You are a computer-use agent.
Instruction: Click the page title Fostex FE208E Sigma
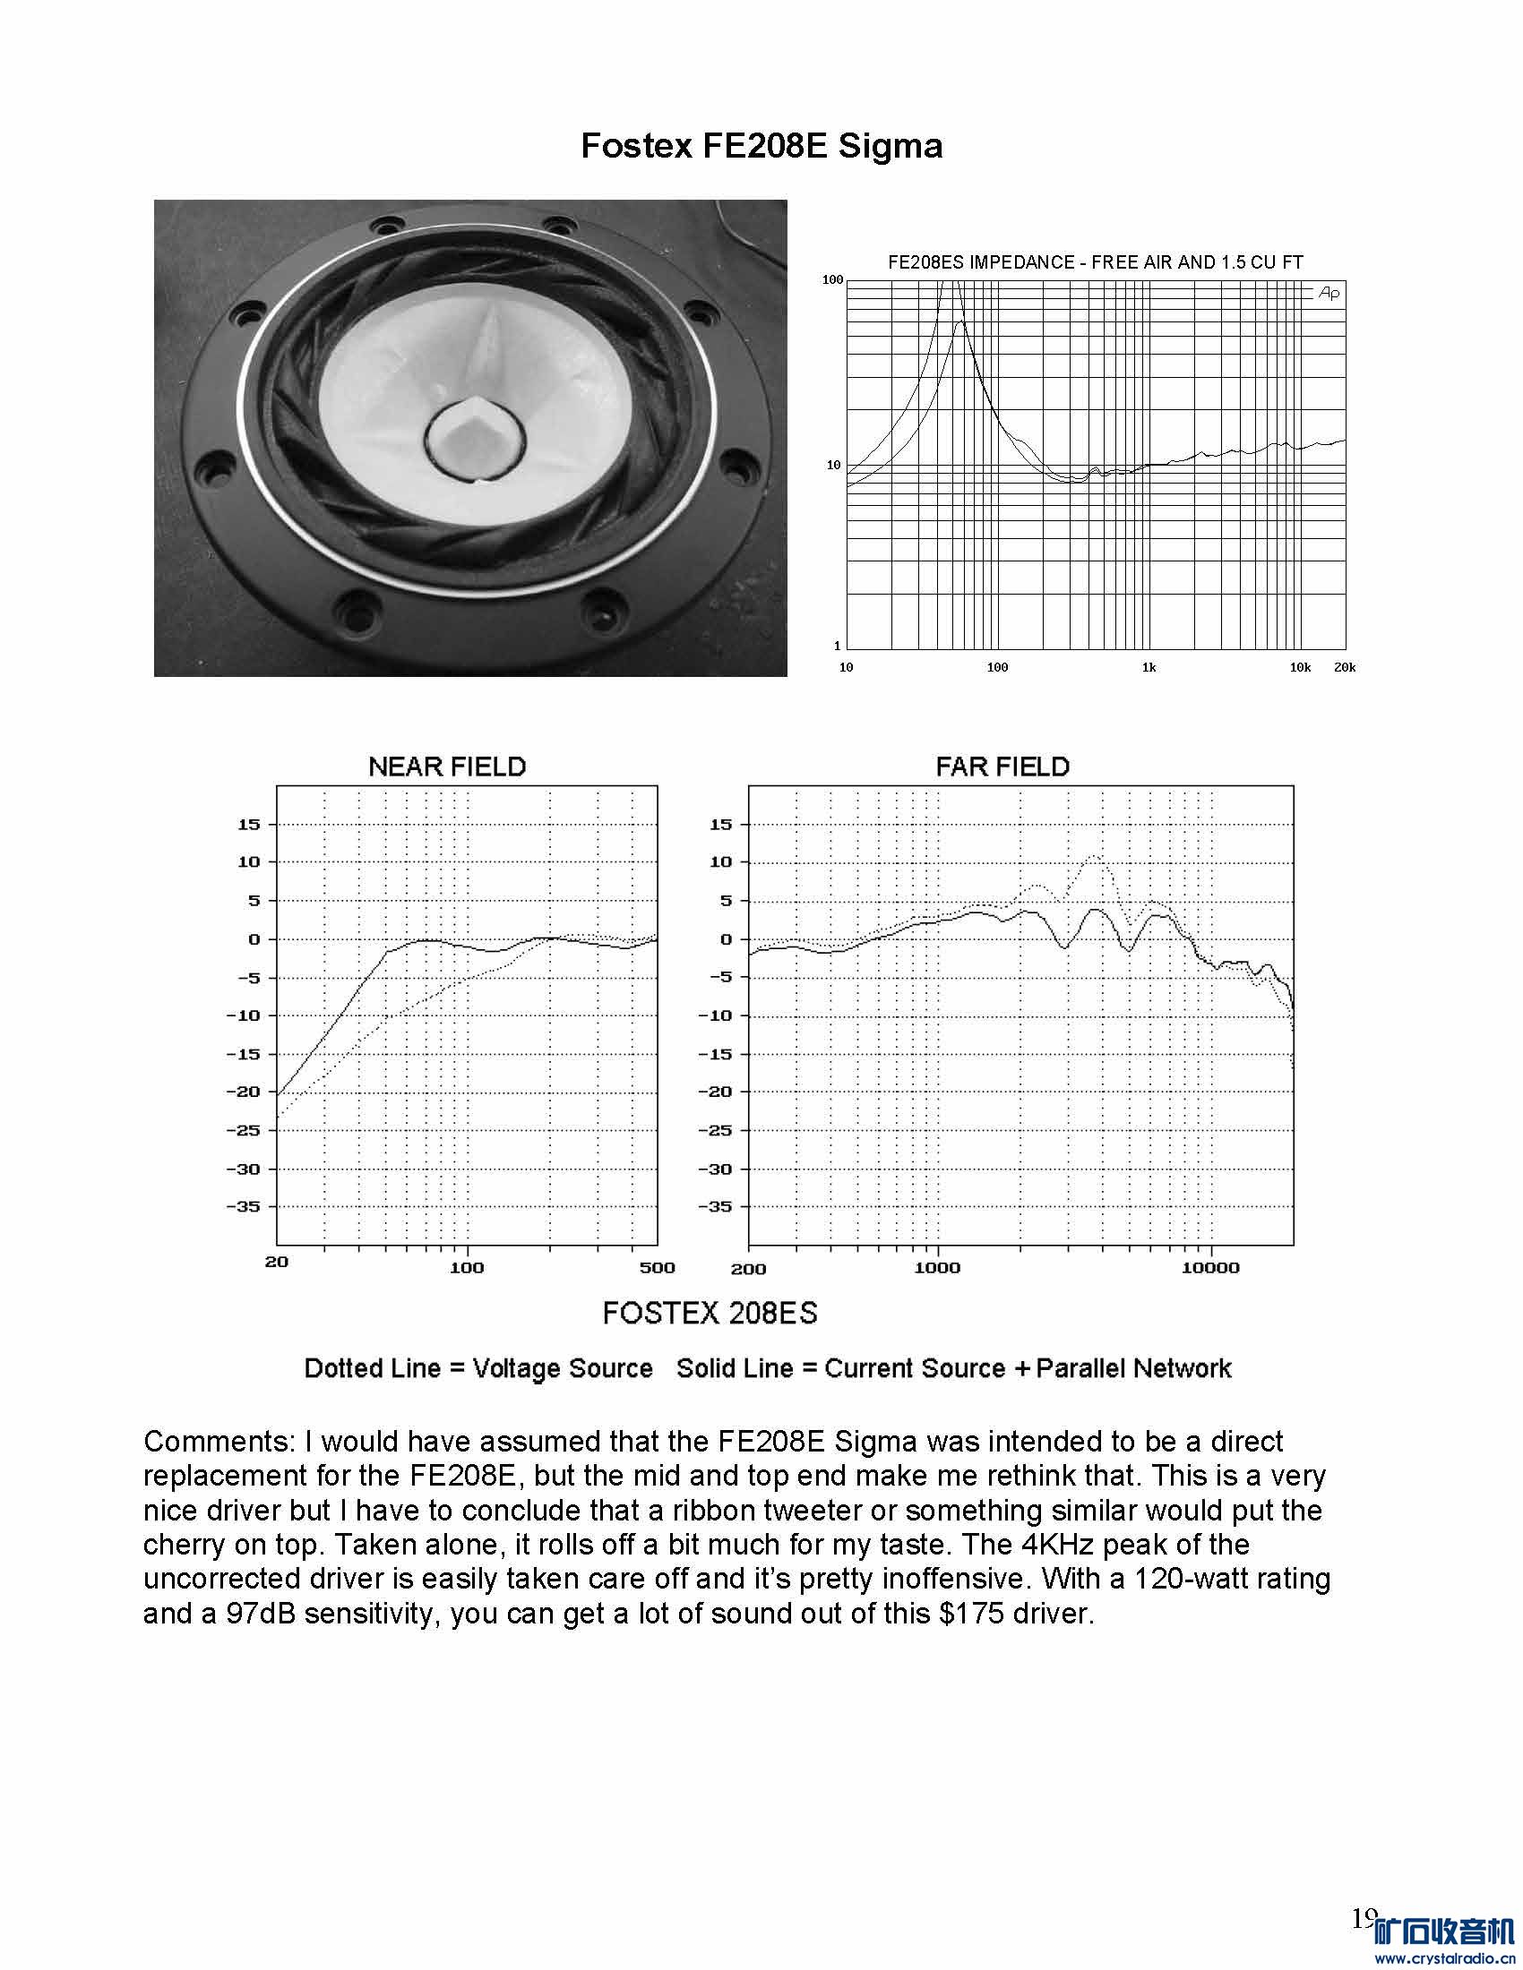[761, 145]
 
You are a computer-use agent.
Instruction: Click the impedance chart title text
[1096, 262]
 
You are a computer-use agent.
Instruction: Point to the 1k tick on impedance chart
[1149, 667]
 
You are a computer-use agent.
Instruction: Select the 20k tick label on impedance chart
[1345, 667]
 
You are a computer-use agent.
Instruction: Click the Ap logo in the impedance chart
[1328, 293]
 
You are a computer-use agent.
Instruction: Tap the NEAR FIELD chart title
[447, 767]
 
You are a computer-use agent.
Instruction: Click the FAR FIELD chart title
[1002, 767]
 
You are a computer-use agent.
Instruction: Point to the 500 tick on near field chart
[657, 1267]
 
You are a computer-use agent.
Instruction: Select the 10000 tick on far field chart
[1210, 1267]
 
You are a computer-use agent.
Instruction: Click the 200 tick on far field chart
[748, 1269]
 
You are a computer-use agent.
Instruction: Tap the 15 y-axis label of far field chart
[720, 824]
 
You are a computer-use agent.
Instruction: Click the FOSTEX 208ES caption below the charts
[710, 1314]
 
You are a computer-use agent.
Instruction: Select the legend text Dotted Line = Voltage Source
[478, 1368]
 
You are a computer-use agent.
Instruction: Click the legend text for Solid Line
[954, 1368]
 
